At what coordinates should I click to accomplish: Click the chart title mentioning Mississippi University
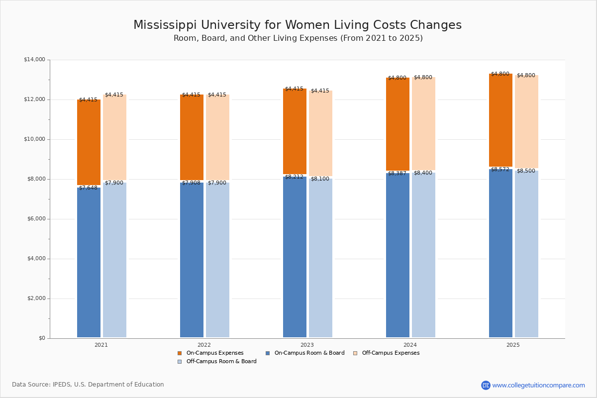[x=298, y=25]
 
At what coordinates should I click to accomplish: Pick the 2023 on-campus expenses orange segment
[x=295, y=131]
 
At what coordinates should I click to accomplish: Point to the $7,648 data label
[x=88, y=188]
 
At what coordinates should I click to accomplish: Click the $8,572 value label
[x=500, y=170]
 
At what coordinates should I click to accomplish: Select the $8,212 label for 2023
[x=294, y=177]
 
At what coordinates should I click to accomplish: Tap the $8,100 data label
[x=320, y=179]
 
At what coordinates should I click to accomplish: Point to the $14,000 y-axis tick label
[x=34, y=60]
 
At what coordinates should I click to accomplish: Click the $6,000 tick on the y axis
[x=36, y=219]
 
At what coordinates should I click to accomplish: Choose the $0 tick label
[x=41, y=338]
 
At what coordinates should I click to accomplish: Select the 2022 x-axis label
[x=204, y=345]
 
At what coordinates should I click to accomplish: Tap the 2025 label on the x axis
[x=513, y=345]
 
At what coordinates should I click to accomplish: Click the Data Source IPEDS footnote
[x=88, y=385]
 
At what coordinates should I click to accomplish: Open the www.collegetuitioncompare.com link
[x=538, y=385]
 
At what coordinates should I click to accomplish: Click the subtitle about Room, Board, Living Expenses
[x=298, y=38]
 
